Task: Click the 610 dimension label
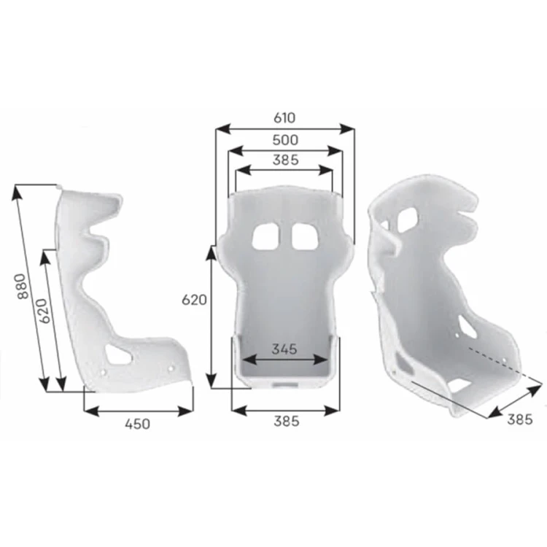pyautogui.click(x=284, y=118)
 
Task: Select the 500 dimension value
pyautogui.click(x=285, y=140)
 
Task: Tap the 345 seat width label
pyautogui.click(x=284, y=349)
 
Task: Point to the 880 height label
pyautogui.click(x=22, y=286)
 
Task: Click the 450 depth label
pyautogui.click(x=138, y=424)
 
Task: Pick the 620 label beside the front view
pyautogui.click(x=194, y=300)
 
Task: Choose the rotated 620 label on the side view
pyautogui.click(x=42, y=311)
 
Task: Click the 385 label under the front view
pyautogui.click(x=287, y=421)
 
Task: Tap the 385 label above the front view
pyautogui.click(x=286, y=160)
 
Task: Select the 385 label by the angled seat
pyautogui.click(x=520, y=419)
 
